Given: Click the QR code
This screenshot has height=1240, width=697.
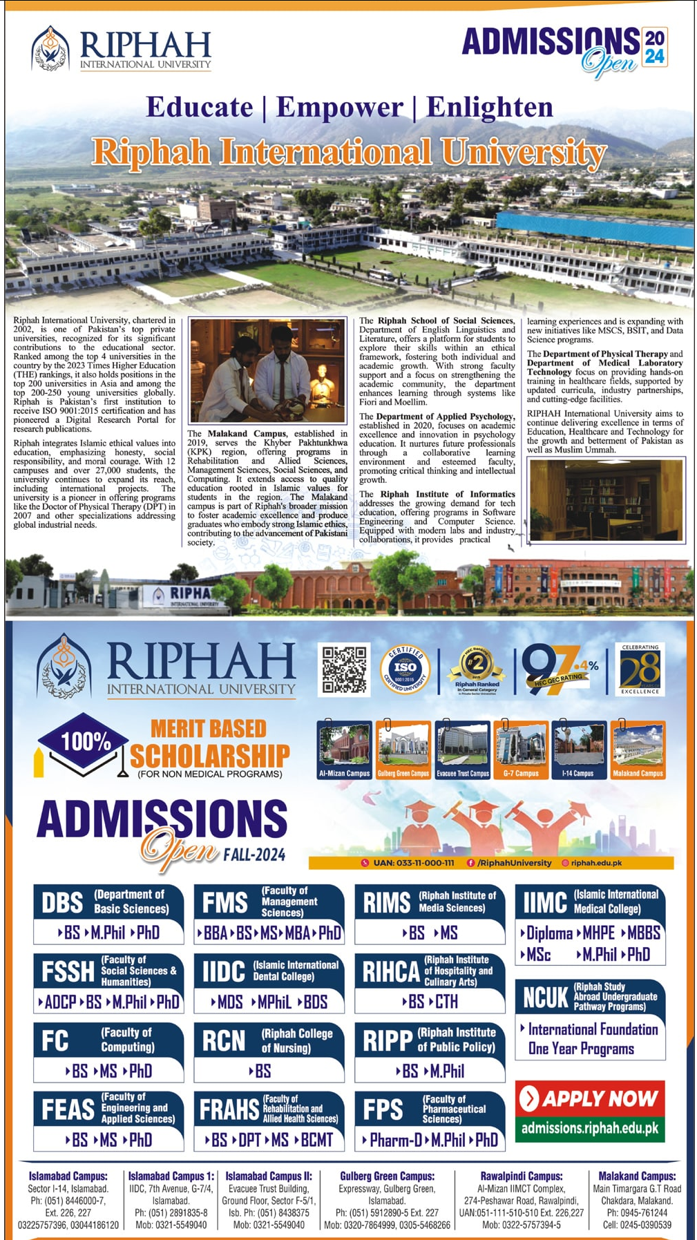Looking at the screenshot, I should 344,669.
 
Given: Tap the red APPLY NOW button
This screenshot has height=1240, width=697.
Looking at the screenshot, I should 590,1098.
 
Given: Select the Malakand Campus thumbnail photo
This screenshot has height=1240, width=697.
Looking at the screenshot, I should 638,750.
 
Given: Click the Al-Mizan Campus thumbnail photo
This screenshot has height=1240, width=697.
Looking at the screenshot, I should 344,750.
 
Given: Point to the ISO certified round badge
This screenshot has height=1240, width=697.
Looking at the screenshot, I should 405,669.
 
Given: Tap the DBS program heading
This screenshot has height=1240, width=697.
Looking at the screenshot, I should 62,903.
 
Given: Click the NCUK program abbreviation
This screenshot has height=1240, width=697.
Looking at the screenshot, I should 544,998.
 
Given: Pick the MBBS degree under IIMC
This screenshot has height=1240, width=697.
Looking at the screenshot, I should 643,933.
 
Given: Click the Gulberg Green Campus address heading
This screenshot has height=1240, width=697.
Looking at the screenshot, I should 387,1176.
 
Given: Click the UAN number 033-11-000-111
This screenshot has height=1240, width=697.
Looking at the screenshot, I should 413,863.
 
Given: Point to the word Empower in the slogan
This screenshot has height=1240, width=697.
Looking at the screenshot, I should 339,107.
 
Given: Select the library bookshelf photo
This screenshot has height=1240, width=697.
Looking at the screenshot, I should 606,500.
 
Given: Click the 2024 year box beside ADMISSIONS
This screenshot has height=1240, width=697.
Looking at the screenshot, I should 654,47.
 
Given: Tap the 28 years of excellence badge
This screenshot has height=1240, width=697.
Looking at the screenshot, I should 639,669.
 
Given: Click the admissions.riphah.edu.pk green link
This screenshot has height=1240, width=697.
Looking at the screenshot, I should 590,1128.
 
